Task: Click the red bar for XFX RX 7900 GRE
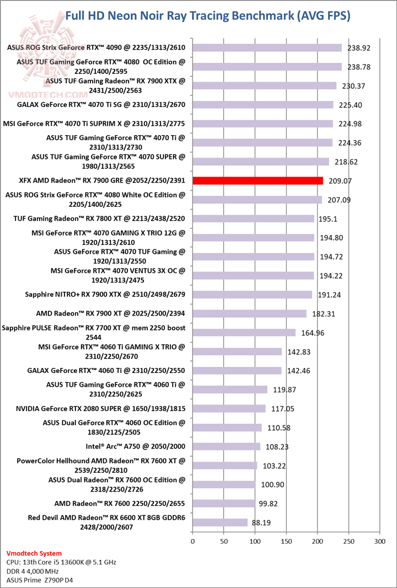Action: pyautogui.click(x=257, y=180)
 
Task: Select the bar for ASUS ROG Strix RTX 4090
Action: pyautogui.click(x=267, y=48)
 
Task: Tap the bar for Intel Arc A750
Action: pyautogui.click(x=226, y=446)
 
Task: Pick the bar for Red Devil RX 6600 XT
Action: pyautogui.click(x=220, y=522)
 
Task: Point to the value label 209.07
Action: pyautogui.click(x=339, y=180)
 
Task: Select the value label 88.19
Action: pyautogui.click(x=260, y=522)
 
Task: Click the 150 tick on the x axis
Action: pyautogui.click(x=286, y=541)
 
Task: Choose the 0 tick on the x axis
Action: pyautogui.click(x=192, y=541)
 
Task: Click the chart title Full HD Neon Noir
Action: pyautogui.click(x=207, y=16)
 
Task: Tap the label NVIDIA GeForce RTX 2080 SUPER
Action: pyautogui.click(x=101, y=408)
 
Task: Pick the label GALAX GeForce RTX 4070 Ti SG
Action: pyautogui.click(x=101, y=105)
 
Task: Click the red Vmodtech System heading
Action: pyautogui.click(x=34, y=553)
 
